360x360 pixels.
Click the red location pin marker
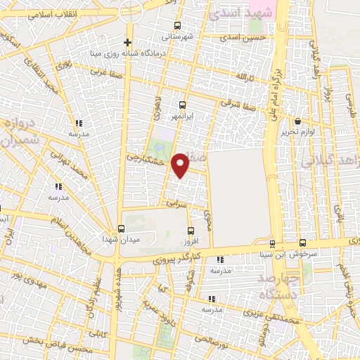[181, 165]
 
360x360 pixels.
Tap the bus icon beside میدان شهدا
[121, 229]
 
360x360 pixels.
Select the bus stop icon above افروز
[191, 230]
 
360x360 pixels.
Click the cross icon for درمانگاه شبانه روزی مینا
[127, 42]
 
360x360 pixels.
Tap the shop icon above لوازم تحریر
[298, 122]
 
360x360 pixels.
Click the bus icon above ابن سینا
[271, 244]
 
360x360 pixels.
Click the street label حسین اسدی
[244, 39]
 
